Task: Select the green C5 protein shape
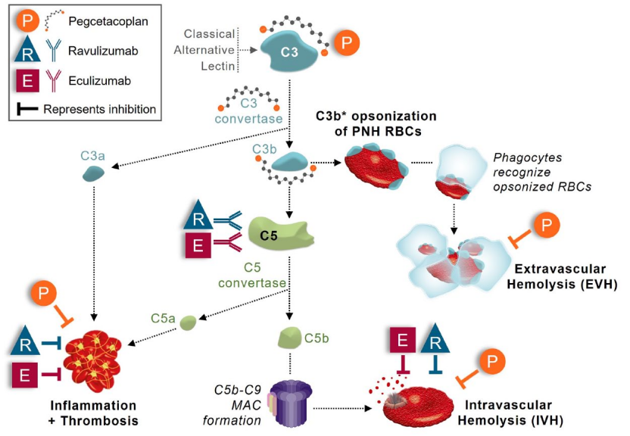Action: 280,234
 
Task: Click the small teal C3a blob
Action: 93,174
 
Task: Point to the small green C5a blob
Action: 188,322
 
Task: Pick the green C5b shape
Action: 289,338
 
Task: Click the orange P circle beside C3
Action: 346,42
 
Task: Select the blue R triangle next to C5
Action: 198,216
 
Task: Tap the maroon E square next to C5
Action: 198,244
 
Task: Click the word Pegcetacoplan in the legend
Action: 108,21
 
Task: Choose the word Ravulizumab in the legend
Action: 103,51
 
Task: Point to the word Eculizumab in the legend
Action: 100,81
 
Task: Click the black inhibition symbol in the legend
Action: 27,109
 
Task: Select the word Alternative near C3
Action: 204,50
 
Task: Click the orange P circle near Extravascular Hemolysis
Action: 546,226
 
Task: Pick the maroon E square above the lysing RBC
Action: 403,341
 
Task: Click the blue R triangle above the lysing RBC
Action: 435,339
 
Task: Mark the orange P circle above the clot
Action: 43,294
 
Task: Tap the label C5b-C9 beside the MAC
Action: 238,390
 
